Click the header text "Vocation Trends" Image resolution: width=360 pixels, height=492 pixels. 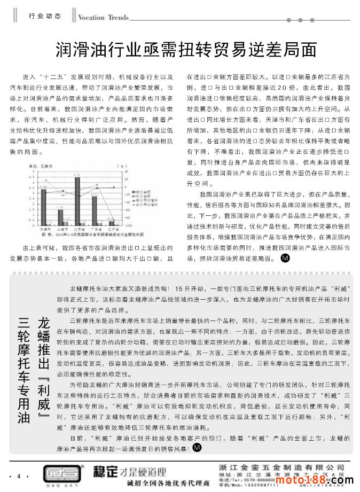[103, 17]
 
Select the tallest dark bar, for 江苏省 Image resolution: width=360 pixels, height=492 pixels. [77, 200]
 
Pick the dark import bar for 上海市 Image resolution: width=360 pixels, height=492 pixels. [60, 216]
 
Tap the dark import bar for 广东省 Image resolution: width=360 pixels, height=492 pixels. [94, 210]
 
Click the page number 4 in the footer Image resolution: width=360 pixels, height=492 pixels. [19, 476]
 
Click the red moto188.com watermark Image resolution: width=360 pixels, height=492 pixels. [328, 481]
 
